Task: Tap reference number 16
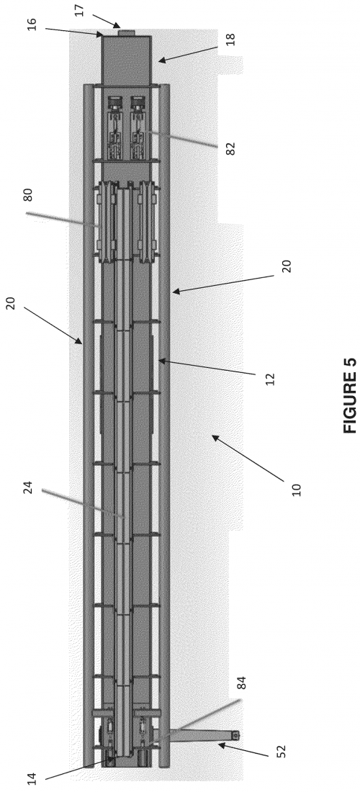32,24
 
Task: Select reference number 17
79,11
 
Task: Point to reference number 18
230,40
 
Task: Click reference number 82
230,148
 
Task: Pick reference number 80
28,194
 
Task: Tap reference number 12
270,379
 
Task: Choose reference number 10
297,490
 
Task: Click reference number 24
28,487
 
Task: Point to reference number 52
282,751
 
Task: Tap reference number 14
32,778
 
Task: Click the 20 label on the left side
11,303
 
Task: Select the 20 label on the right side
287,266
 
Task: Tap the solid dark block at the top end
127,60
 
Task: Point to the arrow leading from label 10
248,459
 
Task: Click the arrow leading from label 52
243,750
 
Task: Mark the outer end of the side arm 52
235,735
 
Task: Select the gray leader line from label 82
184,140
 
